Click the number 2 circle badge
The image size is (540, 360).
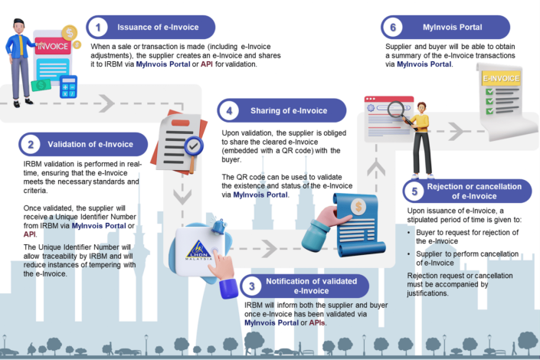tap(30, 144)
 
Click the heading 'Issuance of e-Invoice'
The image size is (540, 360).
tap(158, 28)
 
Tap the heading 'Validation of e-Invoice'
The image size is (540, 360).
tap(91, 144)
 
